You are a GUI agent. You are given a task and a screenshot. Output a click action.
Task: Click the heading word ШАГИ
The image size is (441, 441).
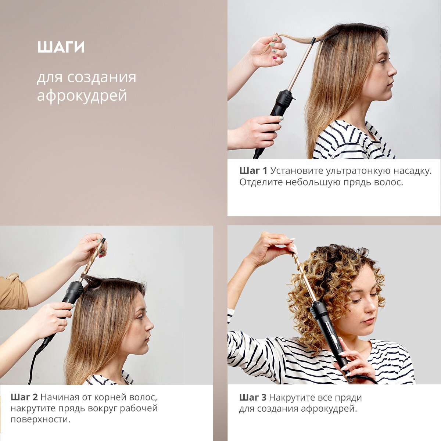pos(61,47)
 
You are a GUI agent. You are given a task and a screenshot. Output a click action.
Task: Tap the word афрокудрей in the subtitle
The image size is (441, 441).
pos(82,96)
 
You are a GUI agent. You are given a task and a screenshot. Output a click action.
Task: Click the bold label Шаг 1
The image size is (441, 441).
pos(253,171)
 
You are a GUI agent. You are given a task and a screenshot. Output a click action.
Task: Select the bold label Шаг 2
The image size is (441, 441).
pos(24,404)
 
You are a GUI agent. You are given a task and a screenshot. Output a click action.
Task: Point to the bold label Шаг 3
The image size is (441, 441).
pos(253,404)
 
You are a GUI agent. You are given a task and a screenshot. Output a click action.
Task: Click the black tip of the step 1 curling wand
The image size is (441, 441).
pos(313,41)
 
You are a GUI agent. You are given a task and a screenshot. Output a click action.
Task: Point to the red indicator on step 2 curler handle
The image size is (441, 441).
pos(64,300)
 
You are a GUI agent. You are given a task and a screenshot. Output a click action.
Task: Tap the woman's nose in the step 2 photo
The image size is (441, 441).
pos(150,324)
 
